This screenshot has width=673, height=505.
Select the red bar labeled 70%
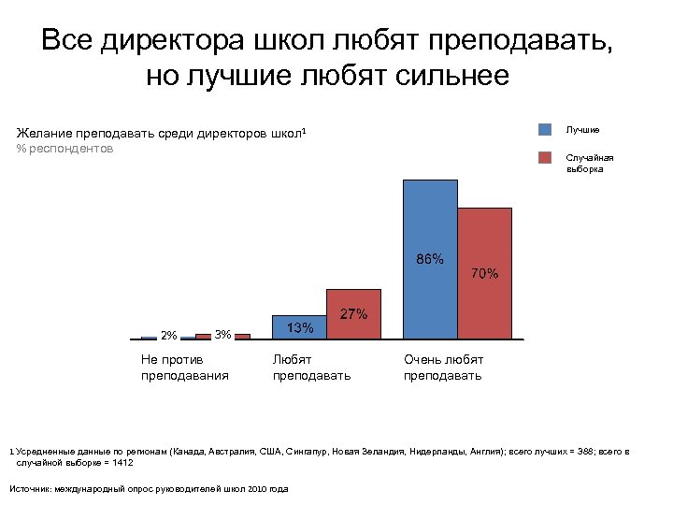pos(485,272)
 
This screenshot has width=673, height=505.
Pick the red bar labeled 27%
pos(353,313)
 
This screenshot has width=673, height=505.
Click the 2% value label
pos(169,336)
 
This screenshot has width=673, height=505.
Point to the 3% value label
pos(222,335)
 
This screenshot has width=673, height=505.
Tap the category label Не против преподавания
pos(184,367)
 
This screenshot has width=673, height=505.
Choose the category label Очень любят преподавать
pos(443,367)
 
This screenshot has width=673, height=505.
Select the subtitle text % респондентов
pos(64,149)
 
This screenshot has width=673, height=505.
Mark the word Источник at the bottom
pos(29,488)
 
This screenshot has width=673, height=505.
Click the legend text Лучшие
pos(582,130)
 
